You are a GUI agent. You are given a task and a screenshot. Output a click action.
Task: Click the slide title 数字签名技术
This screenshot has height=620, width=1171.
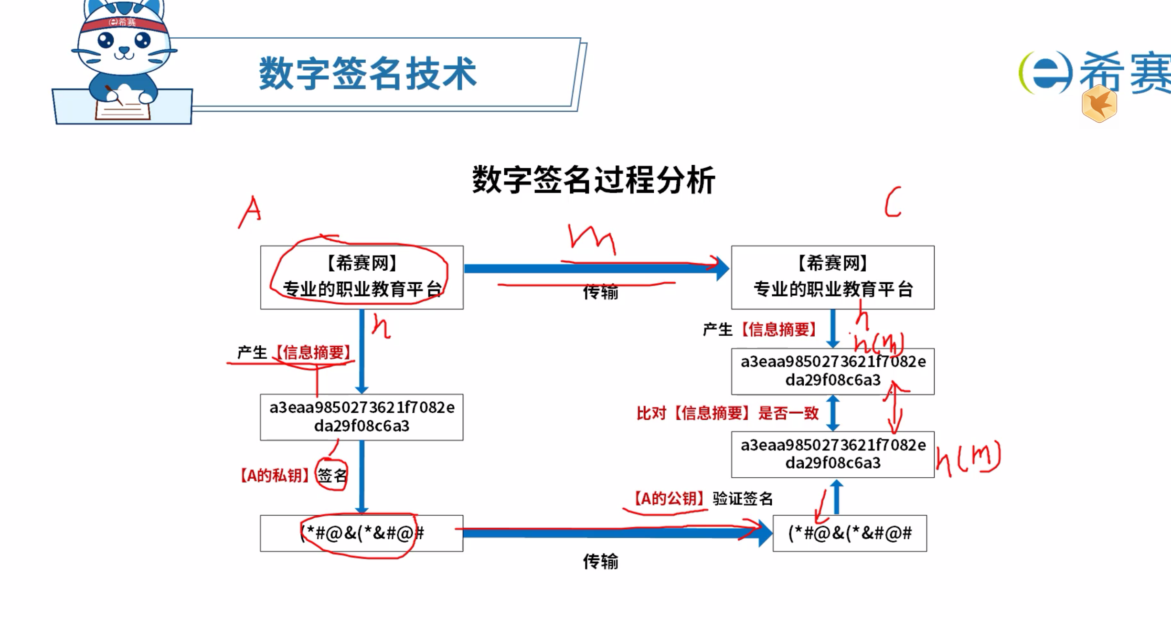pyautogui.click(x=367, y=74)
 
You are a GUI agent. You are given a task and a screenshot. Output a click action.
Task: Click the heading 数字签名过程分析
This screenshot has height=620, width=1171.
pyautogui.click(x=593, y=180)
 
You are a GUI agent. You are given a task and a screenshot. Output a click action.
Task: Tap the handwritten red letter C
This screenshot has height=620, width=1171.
pyautogui.click(x=893, y=203)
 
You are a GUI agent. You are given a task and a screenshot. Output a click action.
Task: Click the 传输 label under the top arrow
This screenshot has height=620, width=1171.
pyautogui.click(x=600, y=292)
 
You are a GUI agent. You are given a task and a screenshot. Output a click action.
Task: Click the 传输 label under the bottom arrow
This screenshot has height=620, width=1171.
pyautogui.click(x=600, y=561)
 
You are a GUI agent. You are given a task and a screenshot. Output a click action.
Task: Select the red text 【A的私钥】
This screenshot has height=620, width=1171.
pyautogui.click(x=274, y=475)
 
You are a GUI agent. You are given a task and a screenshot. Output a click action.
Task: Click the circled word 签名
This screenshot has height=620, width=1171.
pyautogui.click(x=332, y=475)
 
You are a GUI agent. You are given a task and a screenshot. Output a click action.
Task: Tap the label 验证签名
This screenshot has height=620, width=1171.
pyautogui.click(x=743, y=499)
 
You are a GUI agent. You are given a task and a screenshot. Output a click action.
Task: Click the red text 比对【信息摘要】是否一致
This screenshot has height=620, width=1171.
pyautogui.click(x=727, y=413)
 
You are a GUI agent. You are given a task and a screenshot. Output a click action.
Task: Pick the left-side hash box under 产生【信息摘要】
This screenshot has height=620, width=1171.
pyautogui.click(x=362, y=417)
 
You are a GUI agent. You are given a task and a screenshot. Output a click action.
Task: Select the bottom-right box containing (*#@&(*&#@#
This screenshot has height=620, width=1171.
pyautogui.click(x=850, y=533)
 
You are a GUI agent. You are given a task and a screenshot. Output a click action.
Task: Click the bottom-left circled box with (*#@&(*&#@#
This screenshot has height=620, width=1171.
pyautogui.click(x=362, y=533)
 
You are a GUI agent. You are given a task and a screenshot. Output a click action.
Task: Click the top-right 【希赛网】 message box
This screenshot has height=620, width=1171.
pyautogui.click(x=832, y=277)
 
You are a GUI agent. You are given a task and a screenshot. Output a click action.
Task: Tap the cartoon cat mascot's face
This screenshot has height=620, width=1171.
pyautogui.click(x=124, y=45)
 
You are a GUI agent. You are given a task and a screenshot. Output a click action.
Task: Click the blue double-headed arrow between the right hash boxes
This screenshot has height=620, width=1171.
pyautogui.click(x=833, y=413)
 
